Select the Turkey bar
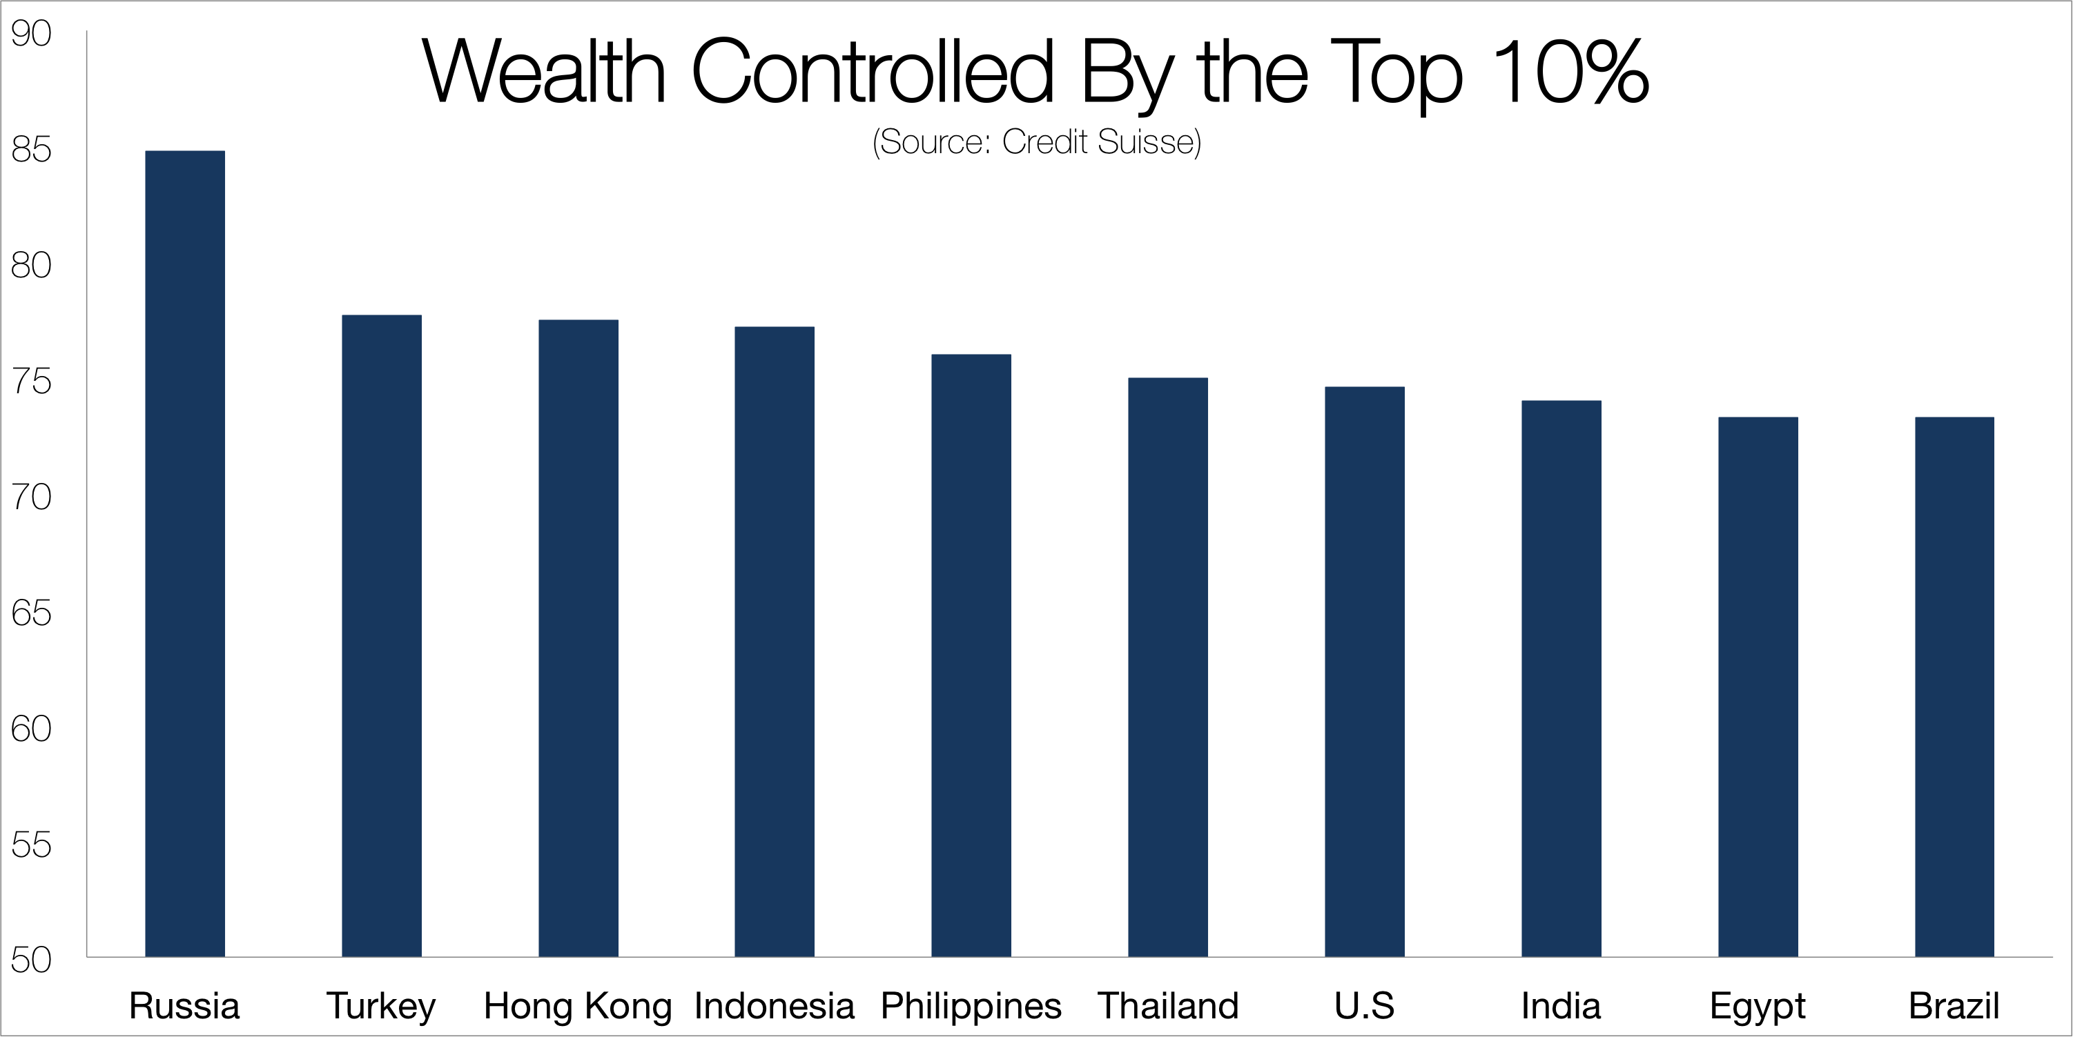(382, 635)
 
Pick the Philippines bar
(971, 655)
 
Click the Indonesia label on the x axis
(774, 1006)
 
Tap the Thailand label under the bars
(1168, 1006)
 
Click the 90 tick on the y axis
(31, 34)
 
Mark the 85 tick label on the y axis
(31, 150)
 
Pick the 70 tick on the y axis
(31, 497)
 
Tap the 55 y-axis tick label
(31, 845)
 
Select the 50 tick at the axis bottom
(31, 960)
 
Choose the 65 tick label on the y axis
(31, 613)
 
